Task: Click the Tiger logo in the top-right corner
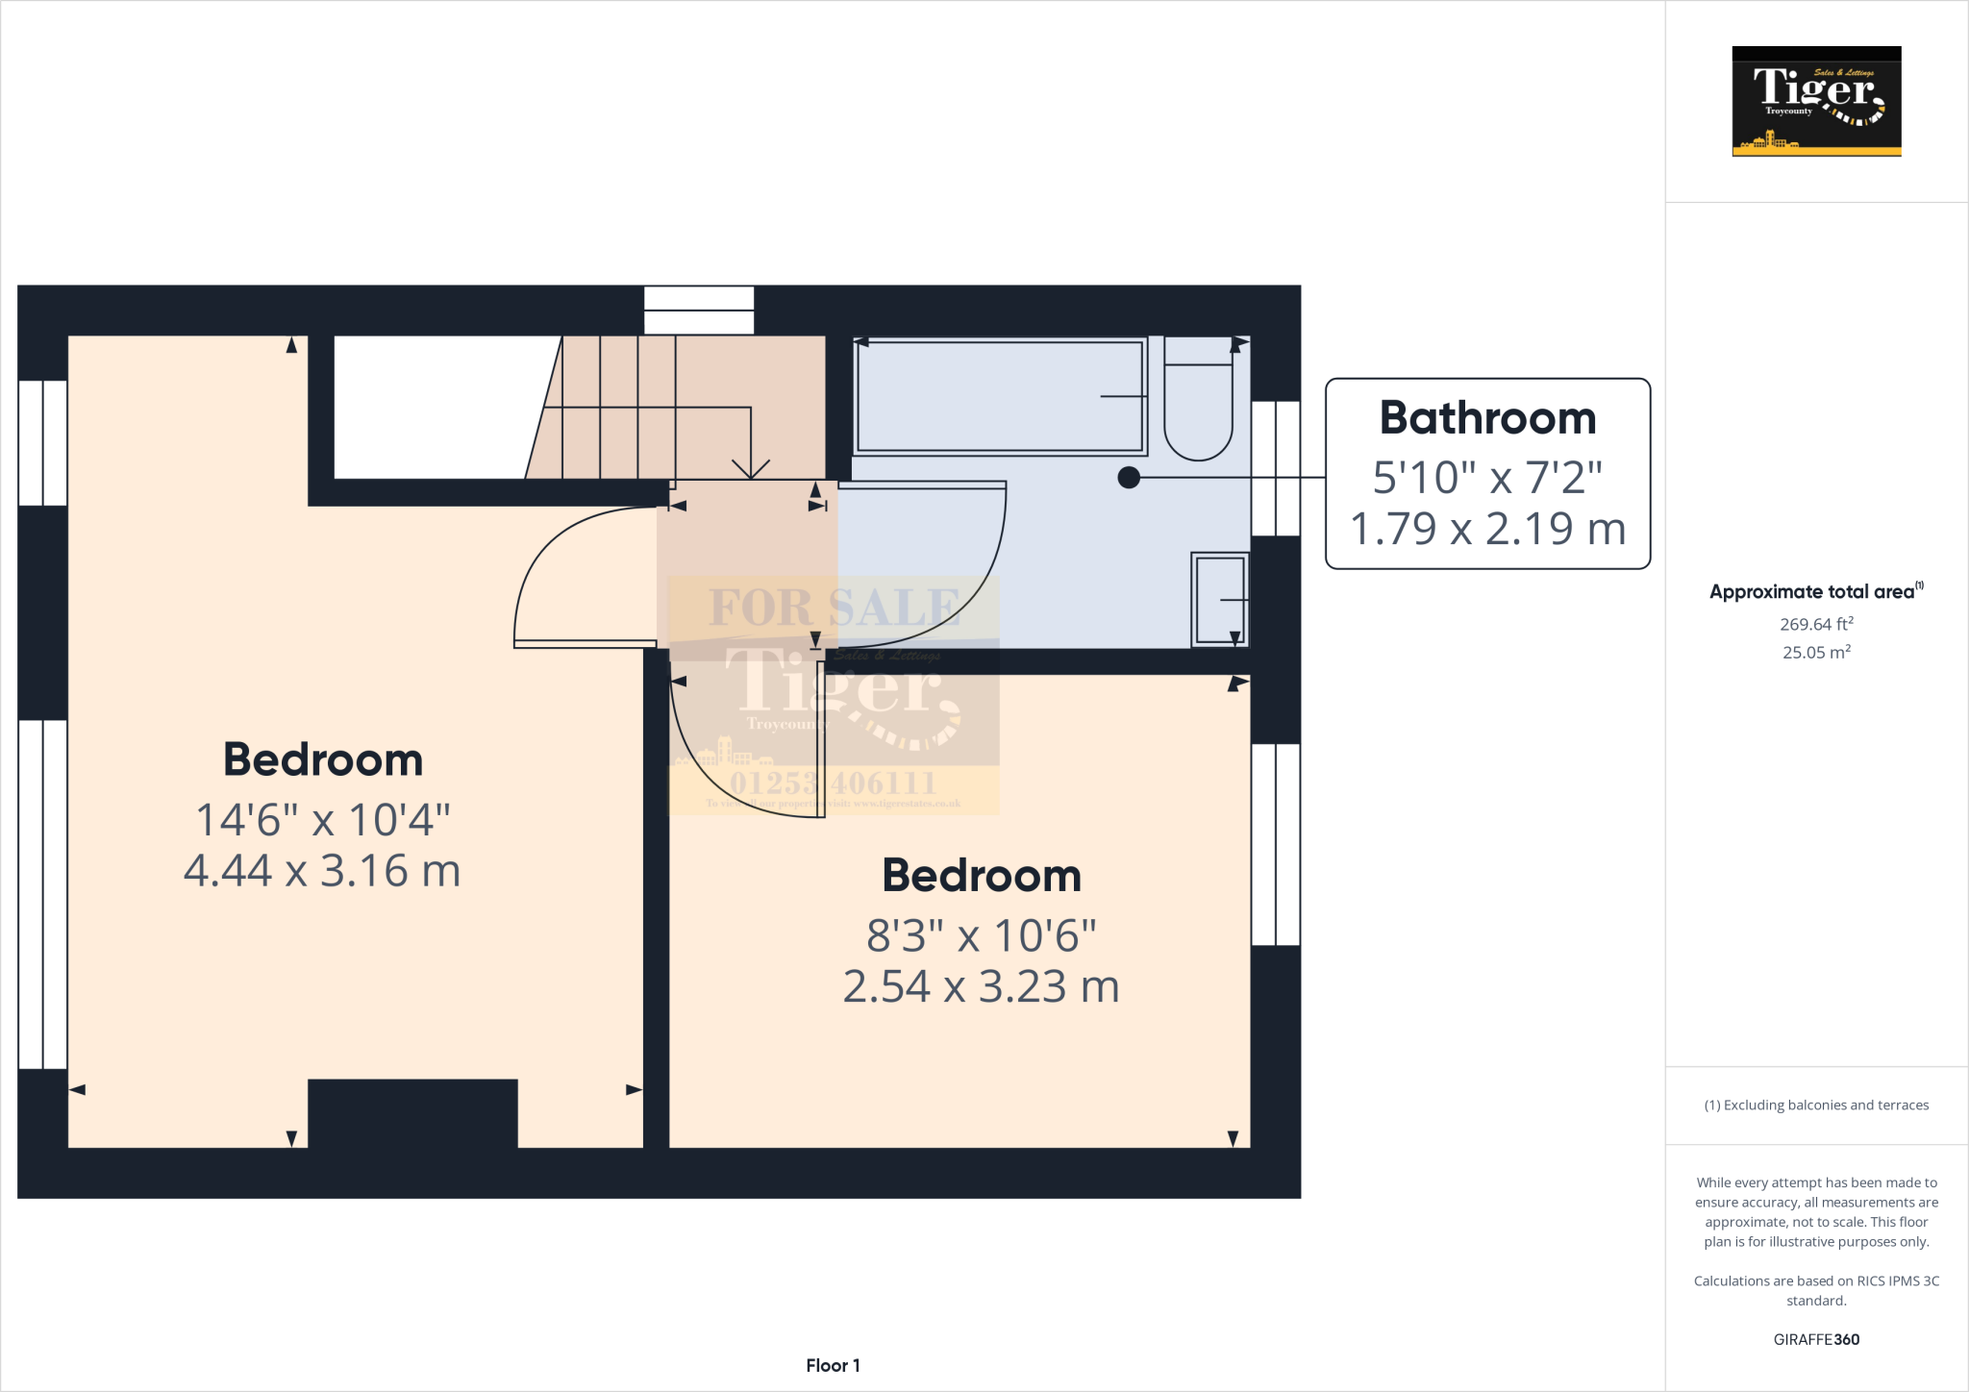[x=1816, y=101]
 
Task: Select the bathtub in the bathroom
[x=1000, y=395]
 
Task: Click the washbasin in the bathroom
[x=1219, y=599]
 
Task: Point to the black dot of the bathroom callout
[x=1129, y=477]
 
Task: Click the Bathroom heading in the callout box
[x=1487, y=418]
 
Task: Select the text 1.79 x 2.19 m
[x=1487, y=529]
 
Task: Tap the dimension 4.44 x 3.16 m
[x=322, y=871]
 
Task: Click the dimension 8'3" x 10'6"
[x=981, y=935]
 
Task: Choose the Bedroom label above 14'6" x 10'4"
[x=323, y=759]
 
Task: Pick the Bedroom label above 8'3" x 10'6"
[x=982, y=876]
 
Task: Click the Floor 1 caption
[x=833, y=1365]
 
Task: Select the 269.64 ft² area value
[x=1815, y=624]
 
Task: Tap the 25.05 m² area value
[x=1815, y=652]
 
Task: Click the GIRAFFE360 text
[x=1815, y=1339]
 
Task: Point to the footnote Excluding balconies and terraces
[x=1816, y=1106]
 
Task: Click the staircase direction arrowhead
[x=751, y=469]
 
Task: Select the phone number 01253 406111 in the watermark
[x=833, y=783]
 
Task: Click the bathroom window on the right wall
[x=1276, y=468]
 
